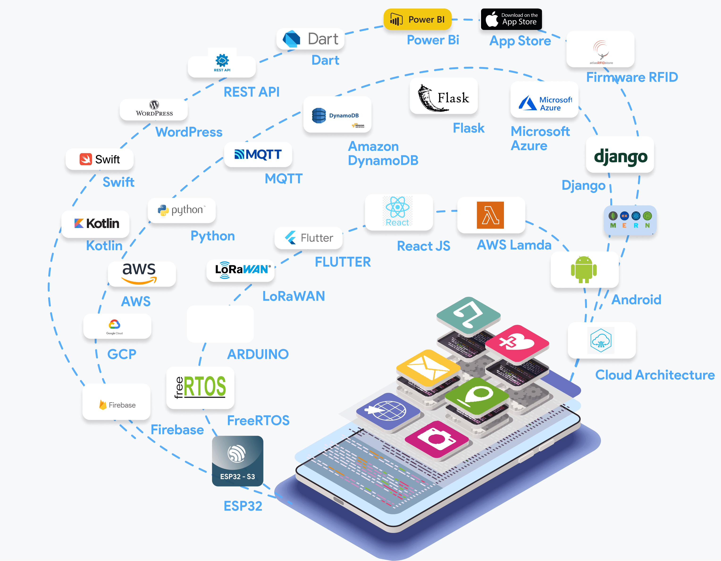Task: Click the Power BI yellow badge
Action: coord(417,20)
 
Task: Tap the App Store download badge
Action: coord(511,19)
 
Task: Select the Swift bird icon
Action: coord(85,159)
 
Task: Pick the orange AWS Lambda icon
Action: coord(490,215)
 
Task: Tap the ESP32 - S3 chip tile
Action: coord(237,461)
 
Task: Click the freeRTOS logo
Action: coord(200,387)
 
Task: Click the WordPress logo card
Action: coord(154,109)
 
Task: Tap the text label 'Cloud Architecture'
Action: coord(655,375)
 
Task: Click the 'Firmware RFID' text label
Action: coord(632,77)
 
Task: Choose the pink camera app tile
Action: coord(436,439)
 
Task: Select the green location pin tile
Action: coord(476,395)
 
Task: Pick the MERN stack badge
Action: coord(630,220)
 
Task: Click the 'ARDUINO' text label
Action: coord(258,354)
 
